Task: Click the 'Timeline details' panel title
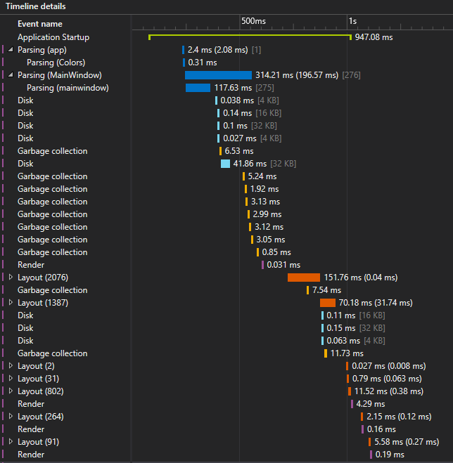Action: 36,6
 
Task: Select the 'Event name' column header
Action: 39,24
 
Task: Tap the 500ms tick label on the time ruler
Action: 254,21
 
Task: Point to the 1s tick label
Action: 352,21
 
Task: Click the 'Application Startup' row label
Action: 53,37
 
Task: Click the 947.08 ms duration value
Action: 374,37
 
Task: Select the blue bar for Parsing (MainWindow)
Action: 218,75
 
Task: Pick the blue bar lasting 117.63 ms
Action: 198,88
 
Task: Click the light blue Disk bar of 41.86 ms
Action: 225,164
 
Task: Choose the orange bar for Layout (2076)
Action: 304,278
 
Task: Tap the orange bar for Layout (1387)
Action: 328,303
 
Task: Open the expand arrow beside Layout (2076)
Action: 11,278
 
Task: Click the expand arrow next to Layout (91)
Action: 11,442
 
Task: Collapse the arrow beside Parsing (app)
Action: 11,50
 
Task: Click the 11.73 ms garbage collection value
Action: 347,353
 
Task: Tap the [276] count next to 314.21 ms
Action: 351,75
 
